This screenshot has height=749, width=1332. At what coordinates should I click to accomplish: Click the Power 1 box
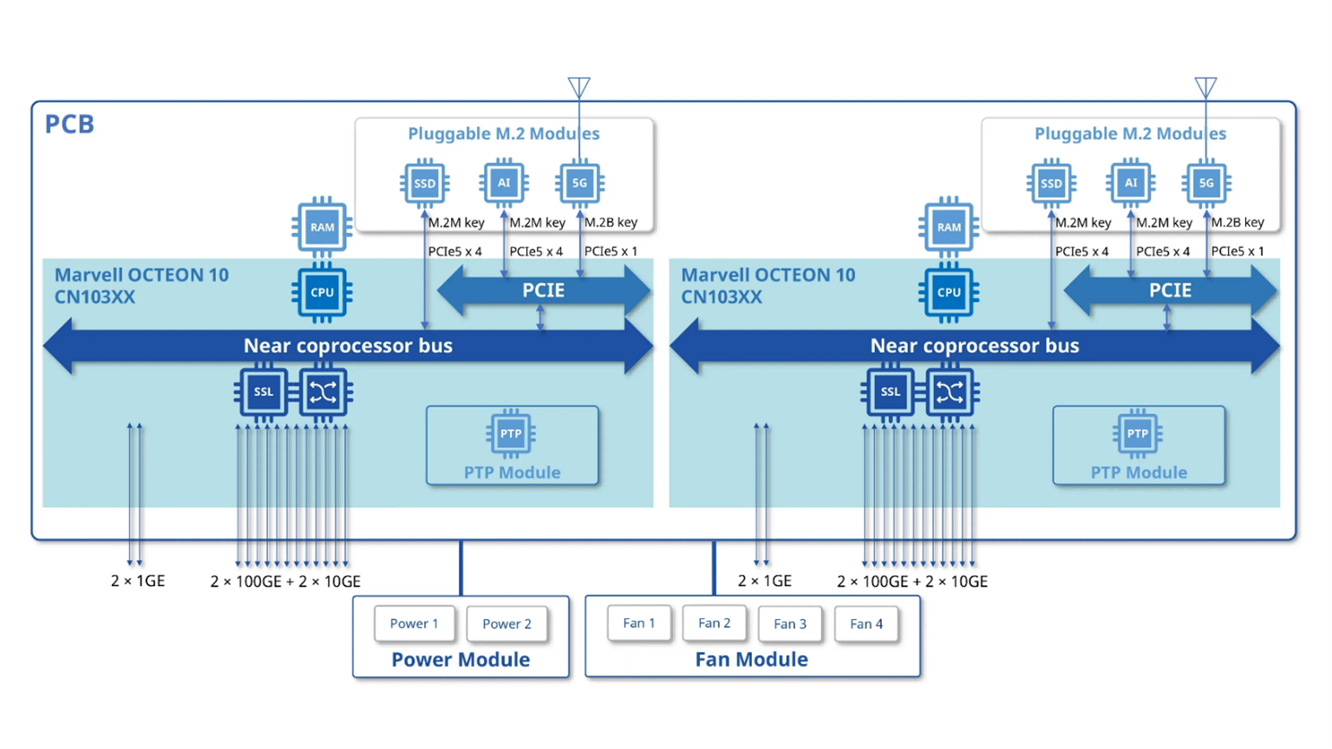(x=414, y=623)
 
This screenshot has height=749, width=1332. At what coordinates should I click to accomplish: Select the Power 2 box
(x=506, y=624)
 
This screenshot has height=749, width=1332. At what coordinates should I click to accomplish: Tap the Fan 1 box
(x=639, y=623)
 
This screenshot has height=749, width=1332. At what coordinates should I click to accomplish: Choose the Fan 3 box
(x=790, y=624)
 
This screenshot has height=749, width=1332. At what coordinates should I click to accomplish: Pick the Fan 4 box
(x=866, y=624)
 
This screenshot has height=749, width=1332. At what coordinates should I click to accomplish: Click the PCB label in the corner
(x=69, y=124)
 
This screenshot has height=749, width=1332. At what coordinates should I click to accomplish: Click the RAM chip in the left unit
(x=323, y=227)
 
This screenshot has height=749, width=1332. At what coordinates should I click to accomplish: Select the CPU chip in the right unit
(x=949, y=293)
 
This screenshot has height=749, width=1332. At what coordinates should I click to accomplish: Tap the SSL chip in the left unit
(x=263, y=392)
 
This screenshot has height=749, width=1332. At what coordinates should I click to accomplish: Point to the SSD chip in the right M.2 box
(x=1051, y=184)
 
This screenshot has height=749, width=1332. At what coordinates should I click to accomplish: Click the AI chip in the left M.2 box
(x=504, y=183)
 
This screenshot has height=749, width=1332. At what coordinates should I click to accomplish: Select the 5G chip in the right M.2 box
(x=1206, y=183)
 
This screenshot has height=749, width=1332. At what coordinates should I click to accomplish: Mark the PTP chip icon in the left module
(x=511, y=433)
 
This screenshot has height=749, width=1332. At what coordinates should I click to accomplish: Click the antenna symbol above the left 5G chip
(x=579, y=87)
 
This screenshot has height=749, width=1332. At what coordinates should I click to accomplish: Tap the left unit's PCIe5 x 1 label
(x=610, y=251)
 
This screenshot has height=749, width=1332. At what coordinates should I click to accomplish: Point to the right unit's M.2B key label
(x=1237, y=223)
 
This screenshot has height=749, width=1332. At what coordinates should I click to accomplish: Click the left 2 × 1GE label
(x=138, y=581)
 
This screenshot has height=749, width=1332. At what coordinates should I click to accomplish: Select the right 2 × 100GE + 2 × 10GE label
(x=912, y=582)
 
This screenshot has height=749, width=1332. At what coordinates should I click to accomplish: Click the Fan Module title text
(x=751, y=660)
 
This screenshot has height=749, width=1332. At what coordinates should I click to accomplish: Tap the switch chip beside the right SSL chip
(x=950, y=393)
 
